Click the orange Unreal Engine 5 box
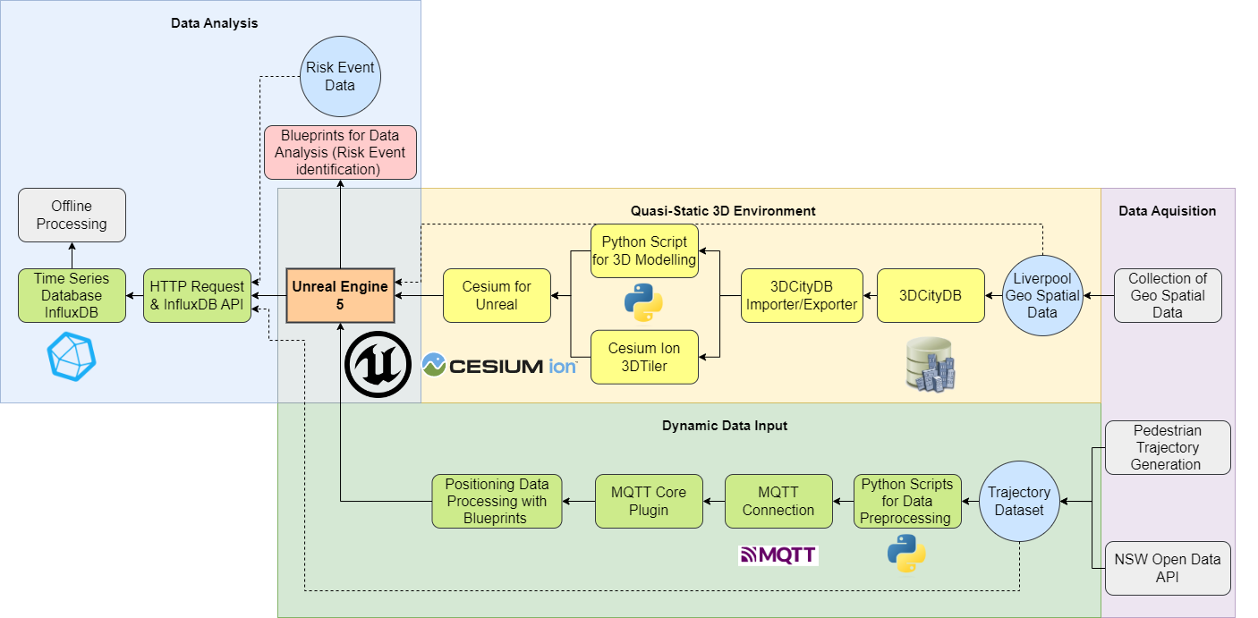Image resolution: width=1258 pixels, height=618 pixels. click(x=340, y=295)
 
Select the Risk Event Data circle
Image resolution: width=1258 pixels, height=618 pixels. click(x=340, y=77)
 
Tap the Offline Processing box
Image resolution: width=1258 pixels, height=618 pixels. click(x=72, y=215)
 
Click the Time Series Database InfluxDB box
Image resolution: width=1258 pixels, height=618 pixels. click(x=72, y=295)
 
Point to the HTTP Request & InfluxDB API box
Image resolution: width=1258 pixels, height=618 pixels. click(x=197, y=295)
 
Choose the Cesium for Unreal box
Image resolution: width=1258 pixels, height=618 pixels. click(x=497, y=295)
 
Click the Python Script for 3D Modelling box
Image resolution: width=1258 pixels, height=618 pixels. click(x=644, y=250)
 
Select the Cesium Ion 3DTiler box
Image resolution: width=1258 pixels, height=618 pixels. click(x=644, y=357)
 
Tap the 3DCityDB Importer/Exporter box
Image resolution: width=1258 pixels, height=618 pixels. click(x=802, y=295)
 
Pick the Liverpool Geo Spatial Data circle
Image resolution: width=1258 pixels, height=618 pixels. click(x=1042, y=295)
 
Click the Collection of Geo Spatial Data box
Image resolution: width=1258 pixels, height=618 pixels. click(x=1167, y=295)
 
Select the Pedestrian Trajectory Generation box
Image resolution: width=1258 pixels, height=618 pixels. click(x=1167, y=447)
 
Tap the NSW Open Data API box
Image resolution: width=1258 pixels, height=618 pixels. click(x=1167, y=568)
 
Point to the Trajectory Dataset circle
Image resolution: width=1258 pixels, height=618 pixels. click(x=1020, y=501)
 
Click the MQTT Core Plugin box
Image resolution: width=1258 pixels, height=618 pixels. click(x=649, y=501)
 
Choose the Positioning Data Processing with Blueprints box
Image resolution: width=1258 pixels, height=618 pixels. click(x=497, y=501)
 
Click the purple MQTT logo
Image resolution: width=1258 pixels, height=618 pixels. click(x=778, y=555)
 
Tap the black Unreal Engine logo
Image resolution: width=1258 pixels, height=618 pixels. click(x=378, y=364)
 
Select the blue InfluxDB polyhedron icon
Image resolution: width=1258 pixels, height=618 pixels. click(x=72, y=356)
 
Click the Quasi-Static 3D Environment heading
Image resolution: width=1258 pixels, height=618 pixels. click(x=723, y=211)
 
